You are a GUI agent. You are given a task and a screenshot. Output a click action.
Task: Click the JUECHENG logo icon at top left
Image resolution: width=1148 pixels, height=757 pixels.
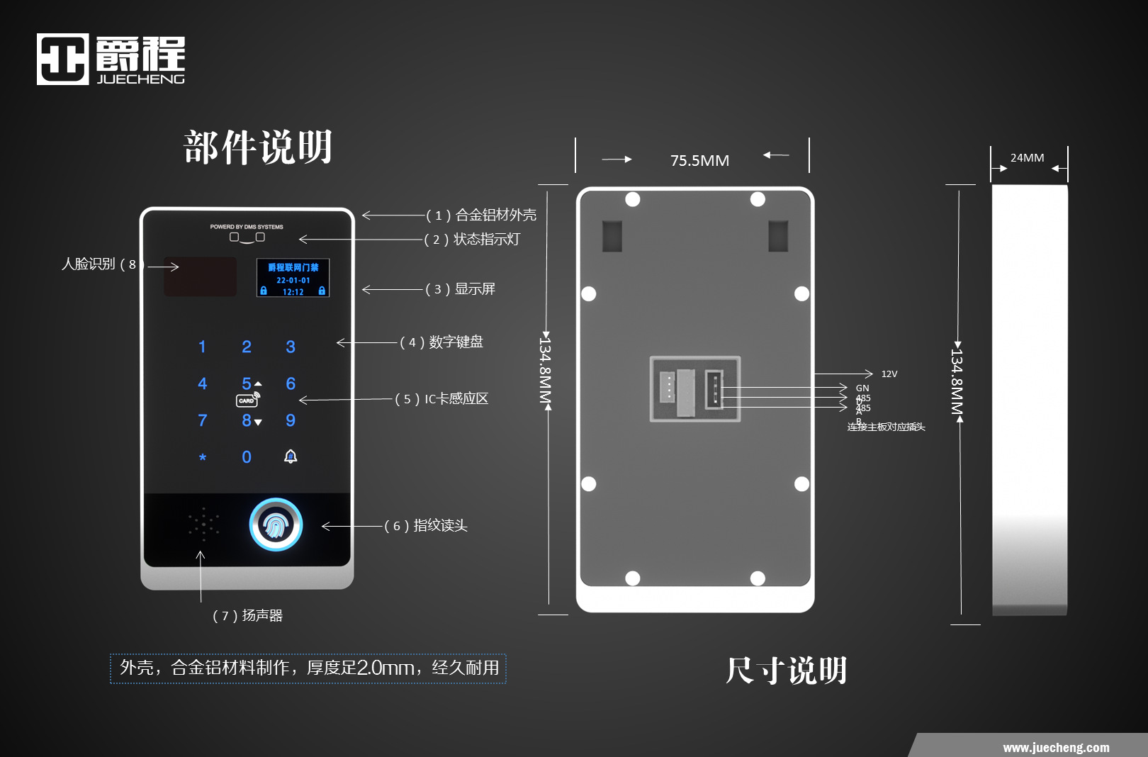pyautogui.click(x=62, y=59)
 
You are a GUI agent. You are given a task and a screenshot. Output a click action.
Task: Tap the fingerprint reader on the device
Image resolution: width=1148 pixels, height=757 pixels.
pyautogui.click(x=276, y=525)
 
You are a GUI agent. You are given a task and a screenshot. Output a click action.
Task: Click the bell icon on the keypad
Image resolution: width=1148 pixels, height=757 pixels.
pyautogui.click(x=291, y=456)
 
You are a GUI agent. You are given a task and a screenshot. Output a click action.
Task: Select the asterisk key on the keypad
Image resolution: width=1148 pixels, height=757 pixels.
pyautogui.click(x=203, y=457)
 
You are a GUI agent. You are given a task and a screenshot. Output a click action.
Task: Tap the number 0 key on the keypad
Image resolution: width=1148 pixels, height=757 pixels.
pyautogui.click(x=247, y=457)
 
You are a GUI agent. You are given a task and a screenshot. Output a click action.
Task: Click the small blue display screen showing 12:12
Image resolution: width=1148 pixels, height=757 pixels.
pyautogui.click(x=293, y=278)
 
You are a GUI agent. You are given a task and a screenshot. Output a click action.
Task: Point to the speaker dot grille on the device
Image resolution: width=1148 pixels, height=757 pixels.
pyautogui.click(x=203, y=525)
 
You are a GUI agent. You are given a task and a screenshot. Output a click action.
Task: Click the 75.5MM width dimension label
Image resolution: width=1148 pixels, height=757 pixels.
pyautogui.click(x=699, y=160)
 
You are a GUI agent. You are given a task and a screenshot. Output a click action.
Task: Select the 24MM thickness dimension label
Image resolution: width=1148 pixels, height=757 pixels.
pyautogui.click(x=1027, y=157)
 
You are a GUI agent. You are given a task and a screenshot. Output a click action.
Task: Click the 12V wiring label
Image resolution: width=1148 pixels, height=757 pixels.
pyautogui.click(x=889, y=374)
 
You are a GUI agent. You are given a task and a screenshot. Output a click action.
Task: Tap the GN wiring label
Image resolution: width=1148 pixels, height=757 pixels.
pyautogui.click(x=862, y=388)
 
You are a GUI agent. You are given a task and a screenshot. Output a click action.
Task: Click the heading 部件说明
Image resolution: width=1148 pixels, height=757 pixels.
pyautogui.click(x=258, y=147)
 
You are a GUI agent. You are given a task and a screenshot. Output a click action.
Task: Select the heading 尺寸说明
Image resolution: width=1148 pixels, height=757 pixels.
pyautogui.click(x=786, y=670)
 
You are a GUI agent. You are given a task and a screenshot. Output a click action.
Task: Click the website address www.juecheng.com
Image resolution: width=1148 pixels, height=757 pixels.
pyautogui.click(x=1056, y=747)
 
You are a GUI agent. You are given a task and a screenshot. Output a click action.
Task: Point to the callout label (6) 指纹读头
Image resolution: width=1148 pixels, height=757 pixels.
pyautogui.click(x=426, y=525)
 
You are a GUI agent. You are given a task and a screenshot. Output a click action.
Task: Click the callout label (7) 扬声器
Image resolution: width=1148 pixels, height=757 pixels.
pyautogui.click(x=247, y=615)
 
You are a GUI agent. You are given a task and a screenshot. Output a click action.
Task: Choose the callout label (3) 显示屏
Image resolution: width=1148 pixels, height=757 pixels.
pyautogui.click(x=461, y=288)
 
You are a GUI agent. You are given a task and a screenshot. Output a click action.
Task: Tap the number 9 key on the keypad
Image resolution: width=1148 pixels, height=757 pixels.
pyautogui.click(x=291, y=420)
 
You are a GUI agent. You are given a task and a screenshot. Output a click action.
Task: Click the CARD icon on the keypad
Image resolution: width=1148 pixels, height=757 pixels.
pyautogui.click(x=247, y=400)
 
